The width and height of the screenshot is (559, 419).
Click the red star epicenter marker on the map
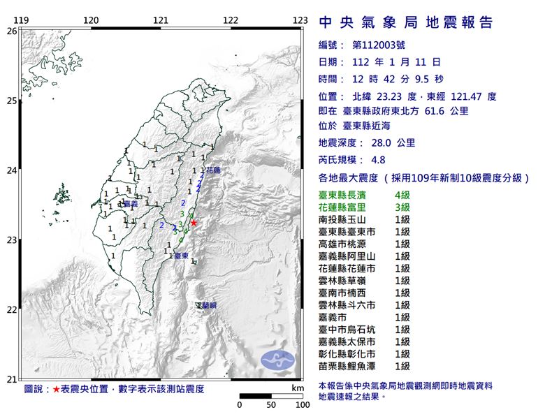tap(194, 223)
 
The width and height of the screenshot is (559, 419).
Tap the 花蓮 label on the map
tap(211, 170)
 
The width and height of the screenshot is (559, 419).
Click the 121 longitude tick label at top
tap(161, 20)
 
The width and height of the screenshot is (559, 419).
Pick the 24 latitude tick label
tap(11, 170)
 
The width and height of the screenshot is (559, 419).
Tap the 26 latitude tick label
tap(11, 31)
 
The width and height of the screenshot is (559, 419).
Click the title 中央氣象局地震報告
tap(406, 22)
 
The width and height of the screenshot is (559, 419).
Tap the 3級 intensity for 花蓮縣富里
tap(402, 207)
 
